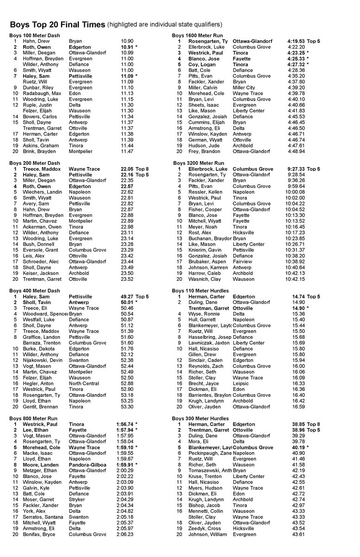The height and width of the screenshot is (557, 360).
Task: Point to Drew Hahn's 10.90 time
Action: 127,41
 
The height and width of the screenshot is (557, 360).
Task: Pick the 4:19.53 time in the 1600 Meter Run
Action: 296,41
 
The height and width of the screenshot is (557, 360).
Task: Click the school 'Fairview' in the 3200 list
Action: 243,262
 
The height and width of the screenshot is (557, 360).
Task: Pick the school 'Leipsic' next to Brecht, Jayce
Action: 242,383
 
